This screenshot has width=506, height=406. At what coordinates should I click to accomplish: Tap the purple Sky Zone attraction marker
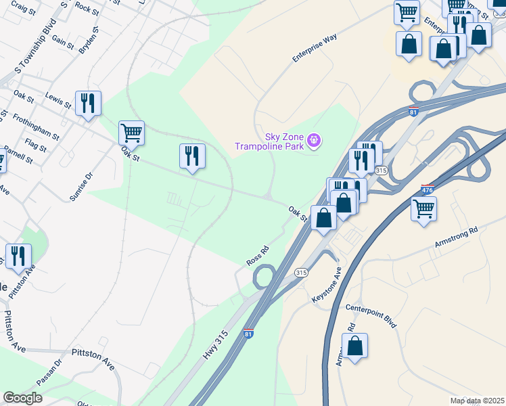(x=314, y=141)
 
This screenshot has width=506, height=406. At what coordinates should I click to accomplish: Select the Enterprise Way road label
(x=314, y=49)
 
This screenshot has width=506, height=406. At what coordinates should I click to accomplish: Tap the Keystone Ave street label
(x=327, y=284)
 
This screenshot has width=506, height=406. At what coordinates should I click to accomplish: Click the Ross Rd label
(x=258, y=255)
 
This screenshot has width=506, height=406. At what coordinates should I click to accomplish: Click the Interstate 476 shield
(x=427, y=190)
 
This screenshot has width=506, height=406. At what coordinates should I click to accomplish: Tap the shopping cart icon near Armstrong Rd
(x=423, y=209)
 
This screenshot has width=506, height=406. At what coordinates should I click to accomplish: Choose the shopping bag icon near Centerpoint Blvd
(x=355, y=346)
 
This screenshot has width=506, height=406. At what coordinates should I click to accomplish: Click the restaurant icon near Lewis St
(x=88, y=103)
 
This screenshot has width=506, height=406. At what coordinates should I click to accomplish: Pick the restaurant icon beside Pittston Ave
(x=18, y=256)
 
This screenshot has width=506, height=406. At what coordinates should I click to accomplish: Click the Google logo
(x=22, y=398)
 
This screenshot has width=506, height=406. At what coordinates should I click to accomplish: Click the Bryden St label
(x=89, y=41)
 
